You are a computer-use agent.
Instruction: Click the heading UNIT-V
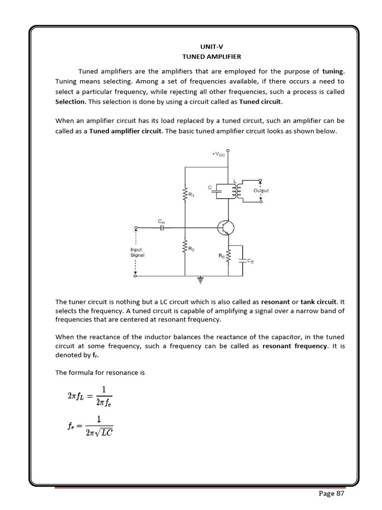tap(191, 46)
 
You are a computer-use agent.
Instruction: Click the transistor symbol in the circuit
tap(226, 229)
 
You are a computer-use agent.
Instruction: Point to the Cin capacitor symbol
tap(162, 228)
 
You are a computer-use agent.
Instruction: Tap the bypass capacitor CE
tap(242, 260)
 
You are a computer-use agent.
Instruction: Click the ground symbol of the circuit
tap(201, 280)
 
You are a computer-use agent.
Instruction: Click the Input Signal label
tap(136, 252)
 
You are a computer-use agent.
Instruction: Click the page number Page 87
tap(330, 494)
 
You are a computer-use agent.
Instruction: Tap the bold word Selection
tap(70, 101)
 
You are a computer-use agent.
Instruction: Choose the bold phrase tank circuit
tap(319, 302)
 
